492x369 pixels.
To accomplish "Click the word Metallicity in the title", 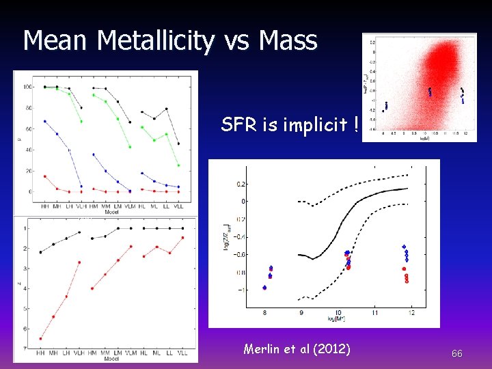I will click(155, 41).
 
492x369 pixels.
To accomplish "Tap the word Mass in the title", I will click(288, 41).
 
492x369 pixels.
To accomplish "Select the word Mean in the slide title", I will click(57, 41).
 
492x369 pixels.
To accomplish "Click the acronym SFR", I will click(236, 125).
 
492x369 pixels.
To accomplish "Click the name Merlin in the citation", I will click(262, 349).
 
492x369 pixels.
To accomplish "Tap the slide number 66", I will click(457, 353).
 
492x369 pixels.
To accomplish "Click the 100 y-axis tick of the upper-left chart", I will click(27, 87).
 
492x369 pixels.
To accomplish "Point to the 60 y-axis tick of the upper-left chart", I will click(29, 128).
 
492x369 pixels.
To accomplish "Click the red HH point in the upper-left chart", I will click(44, 176).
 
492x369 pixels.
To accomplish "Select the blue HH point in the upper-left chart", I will click(44, 121).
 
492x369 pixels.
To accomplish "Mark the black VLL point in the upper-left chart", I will click(179, 143).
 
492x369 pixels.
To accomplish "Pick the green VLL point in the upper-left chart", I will click(179, 165).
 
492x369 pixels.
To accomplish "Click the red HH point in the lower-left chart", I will click(41, 338).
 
